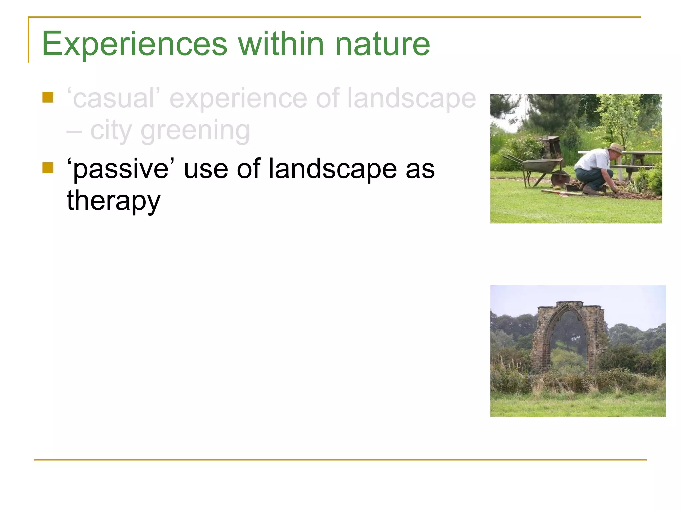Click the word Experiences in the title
tap(134, 44)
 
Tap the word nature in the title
tap(382, 44)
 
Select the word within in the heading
tap(281, 44)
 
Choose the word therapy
tap(114, 201)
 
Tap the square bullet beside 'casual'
tap(48, 97)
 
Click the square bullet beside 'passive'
tap(48, 168)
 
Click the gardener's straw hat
tap(616, 148)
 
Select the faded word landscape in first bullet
tap(411, 98)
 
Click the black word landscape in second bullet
tap(333, 169)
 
